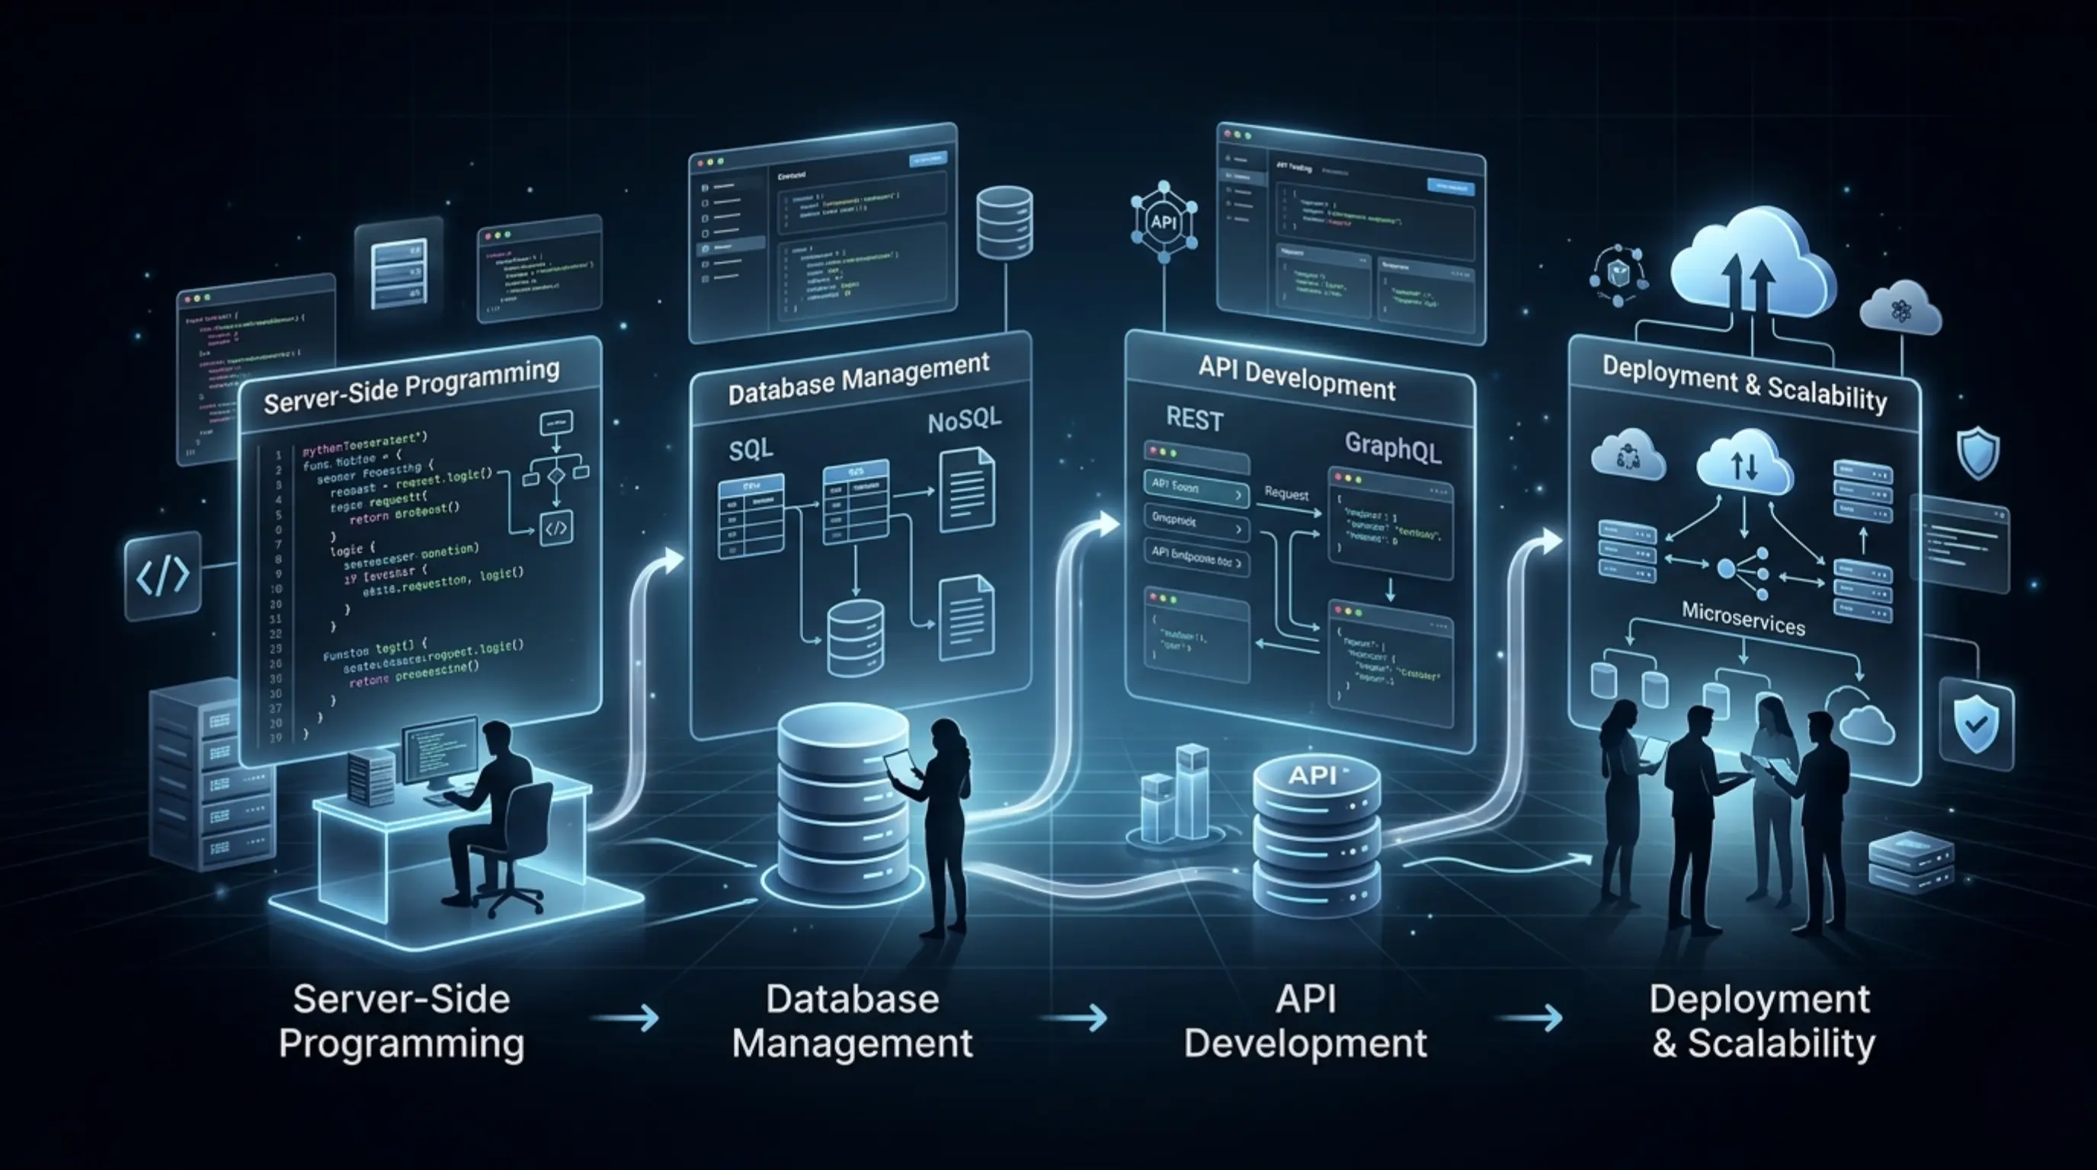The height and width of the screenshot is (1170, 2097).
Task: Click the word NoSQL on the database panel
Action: [964, 421]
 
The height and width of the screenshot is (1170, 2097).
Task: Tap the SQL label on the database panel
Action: [750, 449]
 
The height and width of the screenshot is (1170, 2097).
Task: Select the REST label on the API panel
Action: [1194, 419]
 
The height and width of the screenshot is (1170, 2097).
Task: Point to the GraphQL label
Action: [1392, 447]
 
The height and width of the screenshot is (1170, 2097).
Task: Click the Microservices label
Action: [1743, 619]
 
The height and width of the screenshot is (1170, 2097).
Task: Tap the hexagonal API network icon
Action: [1164, 222]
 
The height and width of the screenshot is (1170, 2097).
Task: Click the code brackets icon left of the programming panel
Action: [163, 575]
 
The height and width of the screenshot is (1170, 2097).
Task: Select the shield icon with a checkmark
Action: [1975, 724]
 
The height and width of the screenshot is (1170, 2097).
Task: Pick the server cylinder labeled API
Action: [1315, 838]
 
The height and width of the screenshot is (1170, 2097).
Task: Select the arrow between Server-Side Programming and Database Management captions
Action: [625, 1017]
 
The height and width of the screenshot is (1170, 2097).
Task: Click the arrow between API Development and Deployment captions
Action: [1530, 1017]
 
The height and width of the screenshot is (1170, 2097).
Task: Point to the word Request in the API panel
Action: [1286, 494]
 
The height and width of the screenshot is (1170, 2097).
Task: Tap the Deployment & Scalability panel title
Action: [1743, 384]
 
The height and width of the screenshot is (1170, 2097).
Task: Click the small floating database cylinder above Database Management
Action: [1004, 222]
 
